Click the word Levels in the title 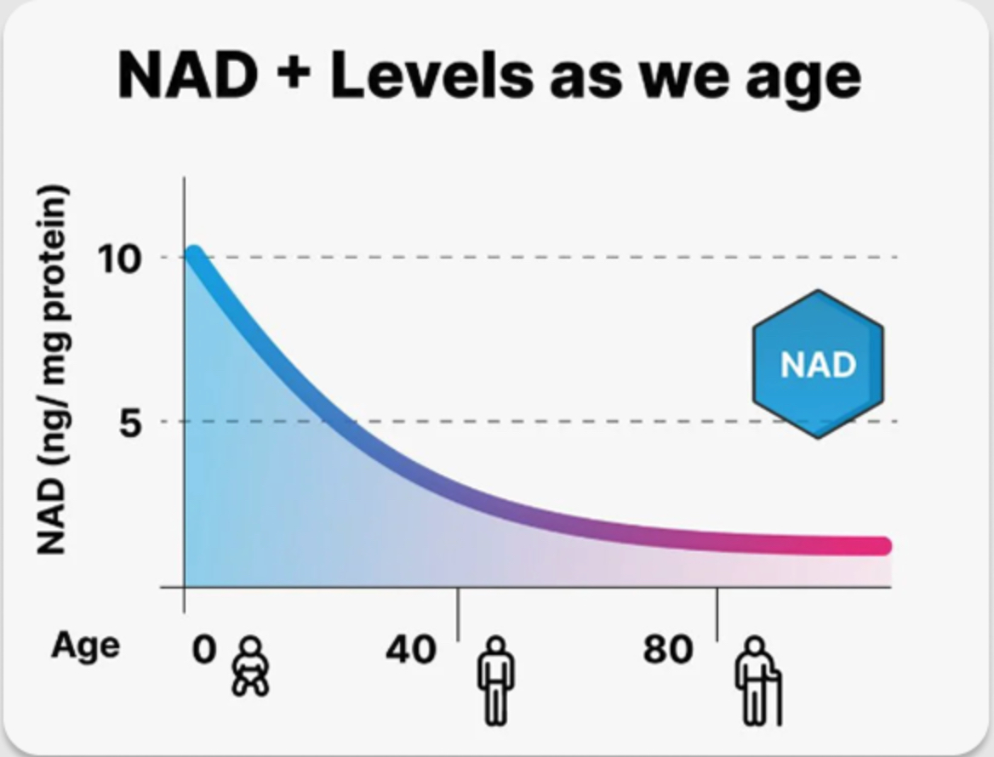pyautogui.click(x=432, y=75)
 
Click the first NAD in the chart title pyautogui.click(x=187, y=75)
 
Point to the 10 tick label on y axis pyautogui.click(x=118, y=259)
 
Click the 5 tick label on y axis pyautogui.click(x=129, y=423)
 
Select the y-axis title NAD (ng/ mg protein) pyautogui.click(x=53, y=369)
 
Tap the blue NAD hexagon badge pyautogui.click(x=818, y=364)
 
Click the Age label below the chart pyautogui.click(x=85, y=646)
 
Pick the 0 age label pyautogui.click(x=204, y=650)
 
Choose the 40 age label pyautogui.click(x=411, y=651)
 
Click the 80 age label pyautogui.click(x=668, y=651)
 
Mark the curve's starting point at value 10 pyautogui.click(x=194, y=255)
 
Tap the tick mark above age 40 pyautogui.click(x=458, y=612)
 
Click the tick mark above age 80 pyautogui.click(x=717, y=612)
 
